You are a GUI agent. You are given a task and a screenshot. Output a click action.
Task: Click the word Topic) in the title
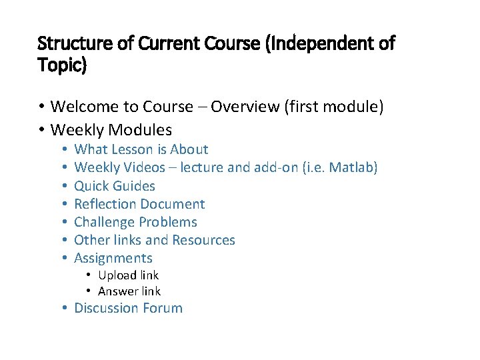coord(62,67)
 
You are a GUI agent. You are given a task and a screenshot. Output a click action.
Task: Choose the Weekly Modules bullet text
coord(111,129)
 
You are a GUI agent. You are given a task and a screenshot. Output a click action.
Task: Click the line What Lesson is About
coord(141,149)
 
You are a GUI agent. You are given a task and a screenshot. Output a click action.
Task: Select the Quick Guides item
coord(115,186)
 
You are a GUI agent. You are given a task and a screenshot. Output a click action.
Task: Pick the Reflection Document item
coord(139,204)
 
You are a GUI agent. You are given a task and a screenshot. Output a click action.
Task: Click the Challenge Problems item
coord(135,222)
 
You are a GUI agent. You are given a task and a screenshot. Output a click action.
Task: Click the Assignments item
coord(113,258)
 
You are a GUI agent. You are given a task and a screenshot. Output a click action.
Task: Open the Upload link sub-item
coord(128,275)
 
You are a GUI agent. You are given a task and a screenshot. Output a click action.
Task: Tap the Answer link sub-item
coord(129,291)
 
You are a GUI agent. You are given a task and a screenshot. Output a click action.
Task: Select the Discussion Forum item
coord(128,308)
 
